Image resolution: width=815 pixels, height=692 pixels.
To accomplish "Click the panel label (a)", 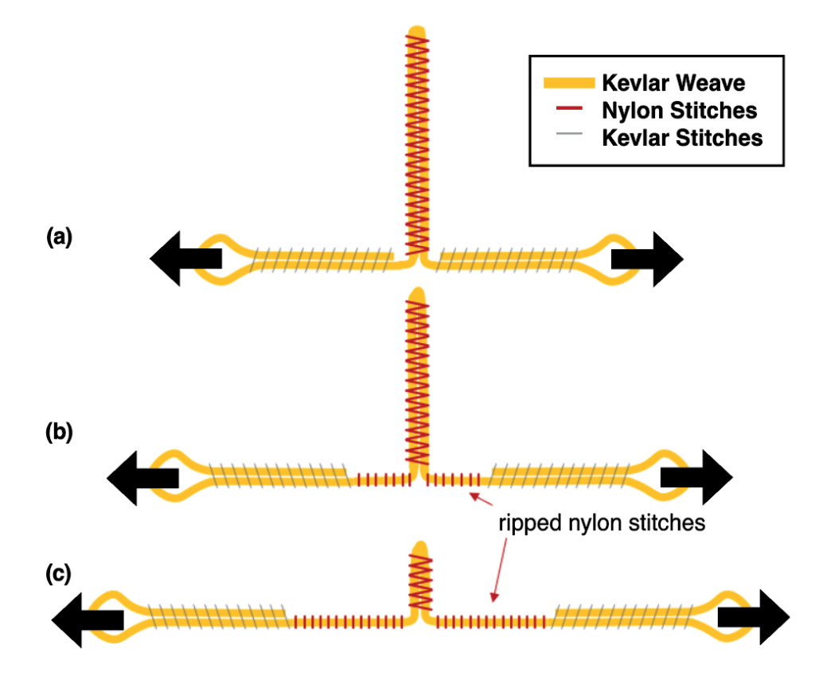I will pos(59,237).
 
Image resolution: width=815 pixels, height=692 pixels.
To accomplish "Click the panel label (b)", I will pos(59,434).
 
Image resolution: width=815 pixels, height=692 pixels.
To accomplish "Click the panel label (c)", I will pos(59,574).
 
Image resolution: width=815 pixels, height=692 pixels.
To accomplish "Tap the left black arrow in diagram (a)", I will pos(185,258).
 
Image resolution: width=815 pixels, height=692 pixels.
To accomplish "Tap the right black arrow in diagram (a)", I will pos(647,258).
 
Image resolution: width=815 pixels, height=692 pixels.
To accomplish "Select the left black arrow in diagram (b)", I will pos(142,478).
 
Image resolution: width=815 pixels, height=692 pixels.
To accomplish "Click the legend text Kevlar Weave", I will pos(673,83).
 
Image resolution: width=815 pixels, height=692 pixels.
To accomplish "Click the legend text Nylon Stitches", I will pos(679,110).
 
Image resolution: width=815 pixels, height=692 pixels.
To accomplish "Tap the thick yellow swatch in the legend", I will pos(568,83).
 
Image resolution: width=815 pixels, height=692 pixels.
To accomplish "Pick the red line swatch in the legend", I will pos(568,110).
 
